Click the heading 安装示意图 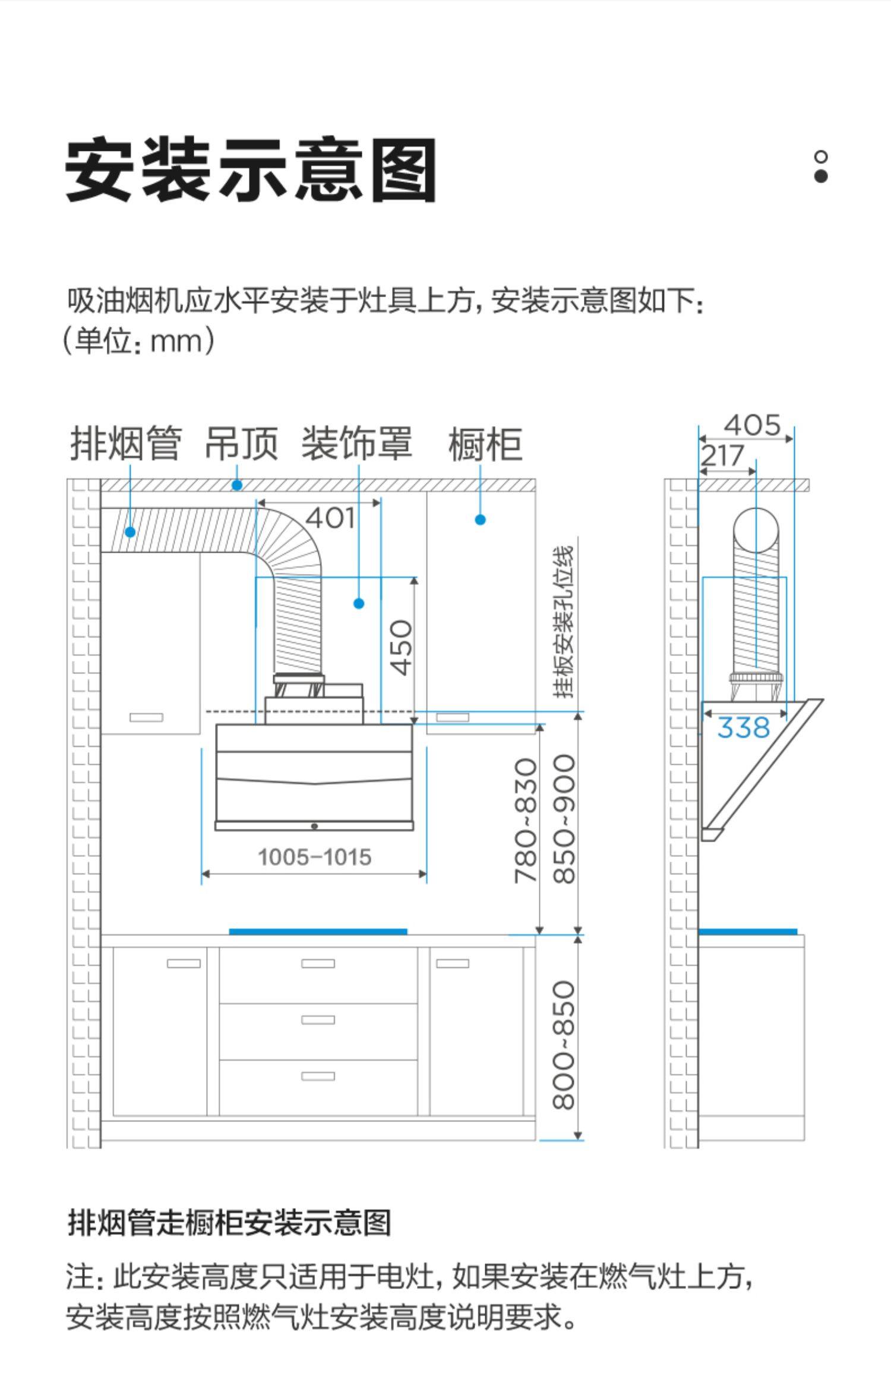[251, 171]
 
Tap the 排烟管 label [125, 443]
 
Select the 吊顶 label [241, 443]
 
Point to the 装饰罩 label [356, 443]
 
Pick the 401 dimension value [330, 518]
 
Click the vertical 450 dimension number [402, 647]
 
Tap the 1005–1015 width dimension [314, 857]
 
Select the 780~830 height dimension [526, 820]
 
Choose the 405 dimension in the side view [751, 426]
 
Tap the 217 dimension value [722, 456]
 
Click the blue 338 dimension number [743, 727]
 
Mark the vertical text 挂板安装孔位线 [564, 621]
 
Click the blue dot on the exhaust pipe [130, 532]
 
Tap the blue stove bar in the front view [318, 931]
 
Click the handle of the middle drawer [318, 1020]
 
